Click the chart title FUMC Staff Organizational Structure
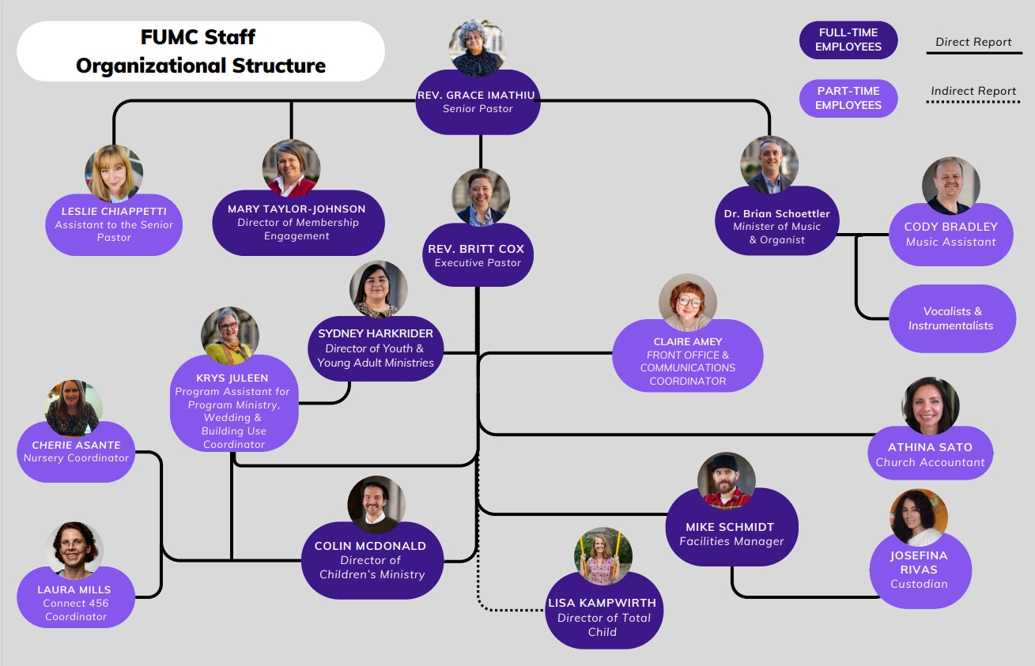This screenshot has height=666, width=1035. (201, 51)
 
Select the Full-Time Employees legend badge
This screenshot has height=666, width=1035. (848, 40)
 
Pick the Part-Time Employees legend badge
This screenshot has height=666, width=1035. (848, 98)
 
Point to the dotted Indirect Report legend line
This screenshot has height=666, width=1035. (973, 102)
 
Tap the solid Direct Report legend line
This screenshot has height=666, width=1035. (973, 54)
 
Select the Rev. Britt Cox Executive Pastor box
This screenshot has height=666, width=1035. (478, 255)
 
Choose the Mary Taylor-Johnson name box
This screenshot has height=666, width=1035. (297, 222)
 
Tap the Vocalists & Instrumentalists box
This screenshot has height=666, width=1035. (951, 318)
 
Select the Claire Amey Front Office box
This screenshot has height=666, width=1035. (688, 361)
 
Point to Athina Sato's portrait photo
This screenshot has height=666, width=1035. (931, 406)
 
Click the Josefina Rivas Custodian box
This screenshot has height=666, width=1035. (919, 570)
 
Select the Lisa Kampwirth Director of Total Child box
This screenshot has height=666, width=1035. (602, 617)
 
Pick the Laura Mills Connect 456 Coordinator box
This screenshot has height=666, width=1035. (75, 601)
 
